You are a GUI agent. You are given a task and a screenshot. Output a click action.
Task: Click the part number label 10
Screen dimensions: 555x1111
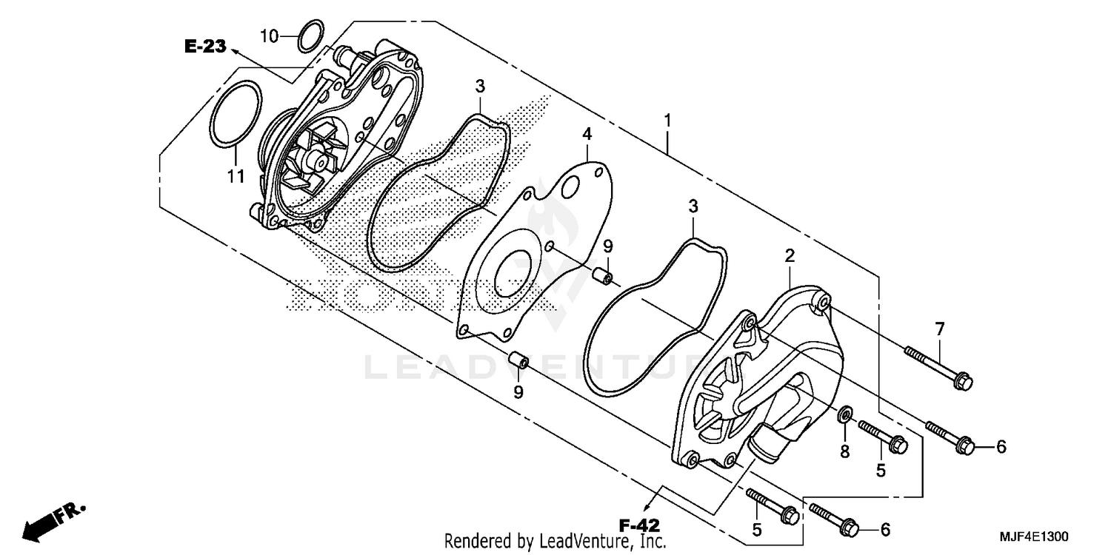[269, 35]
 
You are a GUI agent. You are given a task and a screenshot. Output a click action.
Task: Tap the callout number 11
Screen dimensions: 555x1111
[236, 176]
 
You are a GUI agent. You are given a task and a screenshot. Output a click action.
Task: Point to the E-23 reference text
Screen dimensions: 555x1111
[204, 47]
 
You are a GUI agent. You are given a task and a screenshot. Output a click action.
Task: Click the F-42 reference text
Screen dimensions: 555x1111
[639, 525]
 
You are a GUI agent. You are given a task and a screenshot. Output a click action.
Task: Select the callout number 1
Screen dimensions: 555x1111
[667, 119]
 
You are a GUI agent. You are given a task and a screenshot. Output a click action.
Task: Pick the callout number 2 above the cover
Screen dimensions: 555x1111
[790, 256]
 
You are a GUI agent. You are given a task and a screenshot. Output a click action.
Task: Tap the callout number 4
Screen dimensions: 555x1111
[587, 134]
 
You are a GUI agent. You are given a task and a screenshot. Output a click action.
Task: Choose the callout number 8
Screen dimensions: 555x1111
[844, 451]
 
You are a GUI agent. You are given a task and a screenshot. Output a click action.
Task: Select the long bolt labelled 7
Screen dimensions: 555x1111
[937, 366]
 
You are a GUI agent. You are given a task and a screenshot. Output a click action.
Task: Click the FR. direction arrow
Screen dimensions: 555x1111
[54, 520]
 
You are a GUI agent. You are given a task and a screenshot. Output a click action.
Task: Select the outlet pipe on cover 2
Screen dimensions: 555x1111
[763, 447]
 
